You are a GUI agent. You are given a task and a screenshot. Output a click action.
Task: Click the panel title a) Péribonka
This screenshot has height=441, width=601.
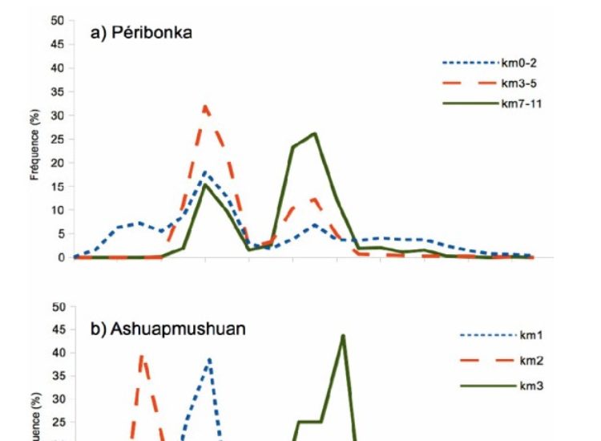pyautogui.click(x=143, y=34)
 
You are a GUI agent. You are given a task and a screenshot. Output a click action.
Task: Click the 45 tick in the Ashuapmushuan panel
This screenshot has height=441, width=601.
pyautogui.click(x=57, y=329)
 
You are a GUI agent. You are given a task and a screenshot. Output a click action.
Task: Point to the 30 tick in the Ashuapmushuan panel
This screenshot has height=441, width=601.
pyautogui.click(x=57, y=399)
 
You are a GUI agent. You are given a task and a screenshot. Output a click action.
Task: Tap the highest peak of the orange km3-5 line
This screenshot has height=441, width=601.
pyautogui.click(x=206, y=105)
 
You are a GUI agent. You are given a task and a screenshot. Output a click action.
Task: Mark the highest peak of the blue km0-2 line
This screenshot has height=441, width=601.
pyautogui.click(x=206, y=172)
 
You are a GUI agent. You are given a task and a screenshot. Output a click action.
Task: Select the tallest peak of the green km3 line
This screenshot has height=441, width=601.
pyautogui.click(x=343, y=335)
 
